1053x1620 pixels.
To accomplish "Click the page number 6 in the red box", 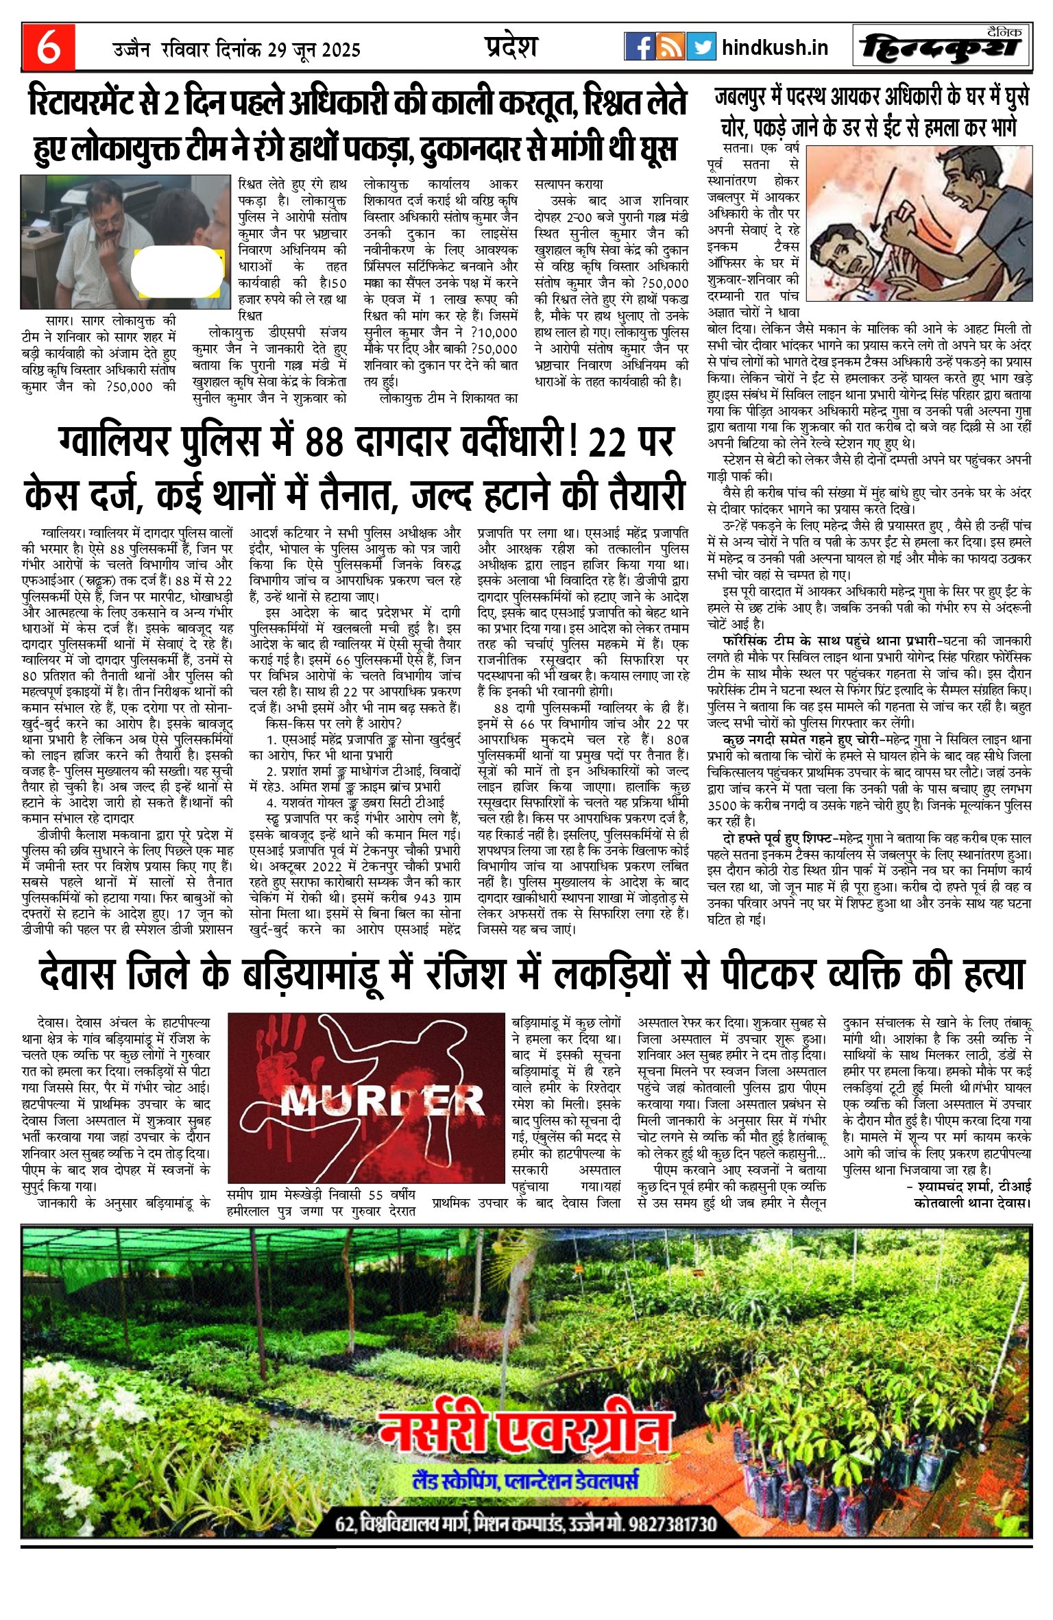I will [48, 47].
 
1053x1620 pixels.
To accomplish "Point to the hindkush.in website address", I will [775, 47].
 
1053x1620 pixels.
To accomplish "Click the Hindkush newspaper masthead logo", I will [942, 47].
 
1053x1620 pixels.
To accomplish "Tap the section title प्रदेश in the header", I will [511, 46].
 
